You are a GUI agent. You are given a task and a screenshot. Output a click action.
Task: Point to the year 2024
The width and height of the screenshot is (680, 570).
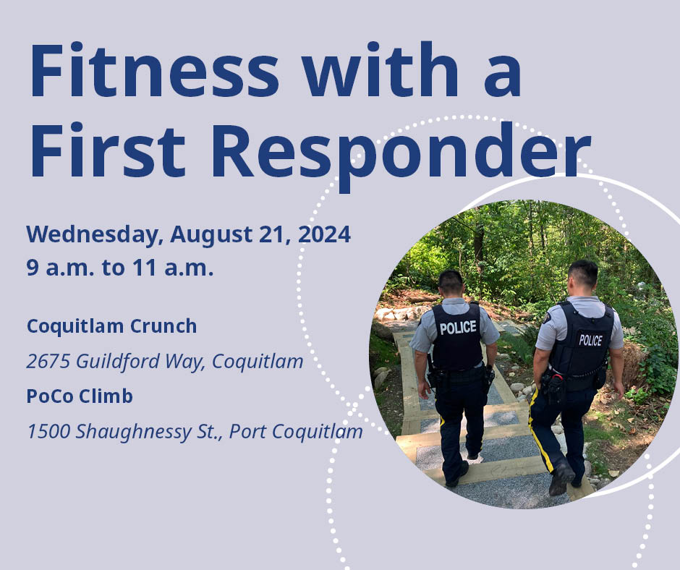click(x=324, y=234)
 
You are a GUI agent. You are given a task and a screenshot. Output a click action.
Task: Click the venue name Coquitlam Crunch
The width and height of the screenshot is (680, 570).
click(x=112, y=326)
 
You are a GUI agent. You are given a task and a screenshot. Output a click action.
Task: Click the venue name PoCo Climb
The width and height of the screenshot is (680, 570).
click(x=80, y=396)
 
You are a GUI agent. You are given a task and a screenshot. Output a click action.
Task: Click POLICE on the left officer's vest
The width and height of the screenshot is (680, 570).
click(x=458, y=328)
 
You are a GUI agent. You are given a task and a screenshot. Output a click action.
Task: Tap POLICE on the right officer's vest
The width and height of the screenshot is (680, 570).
click(x=591, y=340)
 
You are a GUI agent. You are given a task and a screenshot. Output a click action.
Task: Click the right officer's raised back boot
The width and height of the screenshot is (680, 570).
click(x=561, y=478)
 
